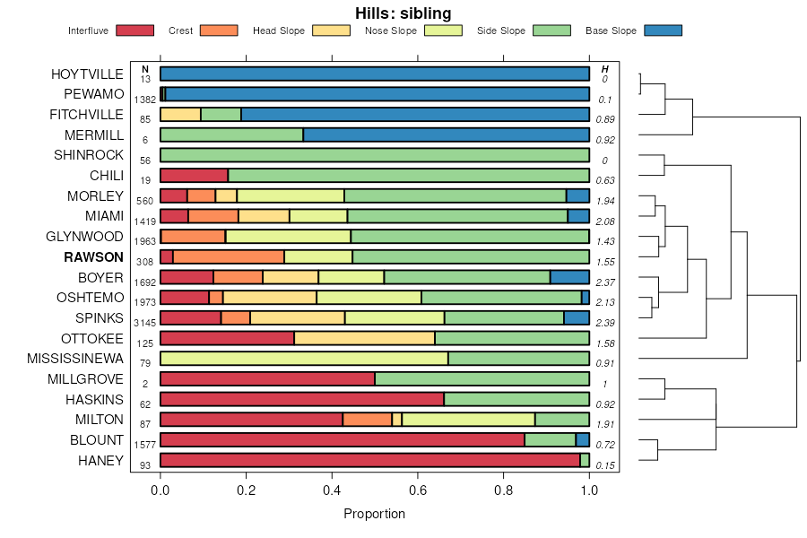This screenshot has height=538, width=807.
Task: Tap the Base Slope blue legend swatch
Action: (663, 30)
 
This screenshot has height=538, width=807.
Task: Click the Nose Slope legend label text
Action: (391, 30)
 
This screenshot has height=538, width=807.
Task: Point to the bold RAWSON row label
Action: (93, 257)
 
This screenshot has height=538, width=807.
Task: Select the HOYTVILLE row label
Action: (87, 74)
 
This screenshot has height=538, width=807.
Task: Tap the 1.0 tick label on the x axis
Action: (589, 490)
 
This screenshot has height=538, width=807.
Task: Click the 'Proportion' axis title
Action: (375, 514)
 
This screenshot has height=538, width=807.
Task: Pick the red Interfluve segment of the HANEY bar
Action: (369, 460)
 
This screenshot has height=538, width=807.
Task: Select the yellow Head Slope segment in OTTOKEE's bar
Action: (364, 338)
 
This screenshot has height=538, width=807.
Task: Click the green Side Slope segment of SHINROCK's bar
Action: (375, 155)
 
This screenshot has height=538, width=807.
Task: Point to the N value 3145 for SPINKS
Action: (144, 323)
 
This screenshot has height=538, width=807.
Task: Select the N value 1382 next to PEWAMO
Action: (144, 100)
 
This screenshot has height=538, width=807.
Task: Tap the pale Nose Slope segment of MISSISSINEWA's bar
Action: (304, 359)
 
